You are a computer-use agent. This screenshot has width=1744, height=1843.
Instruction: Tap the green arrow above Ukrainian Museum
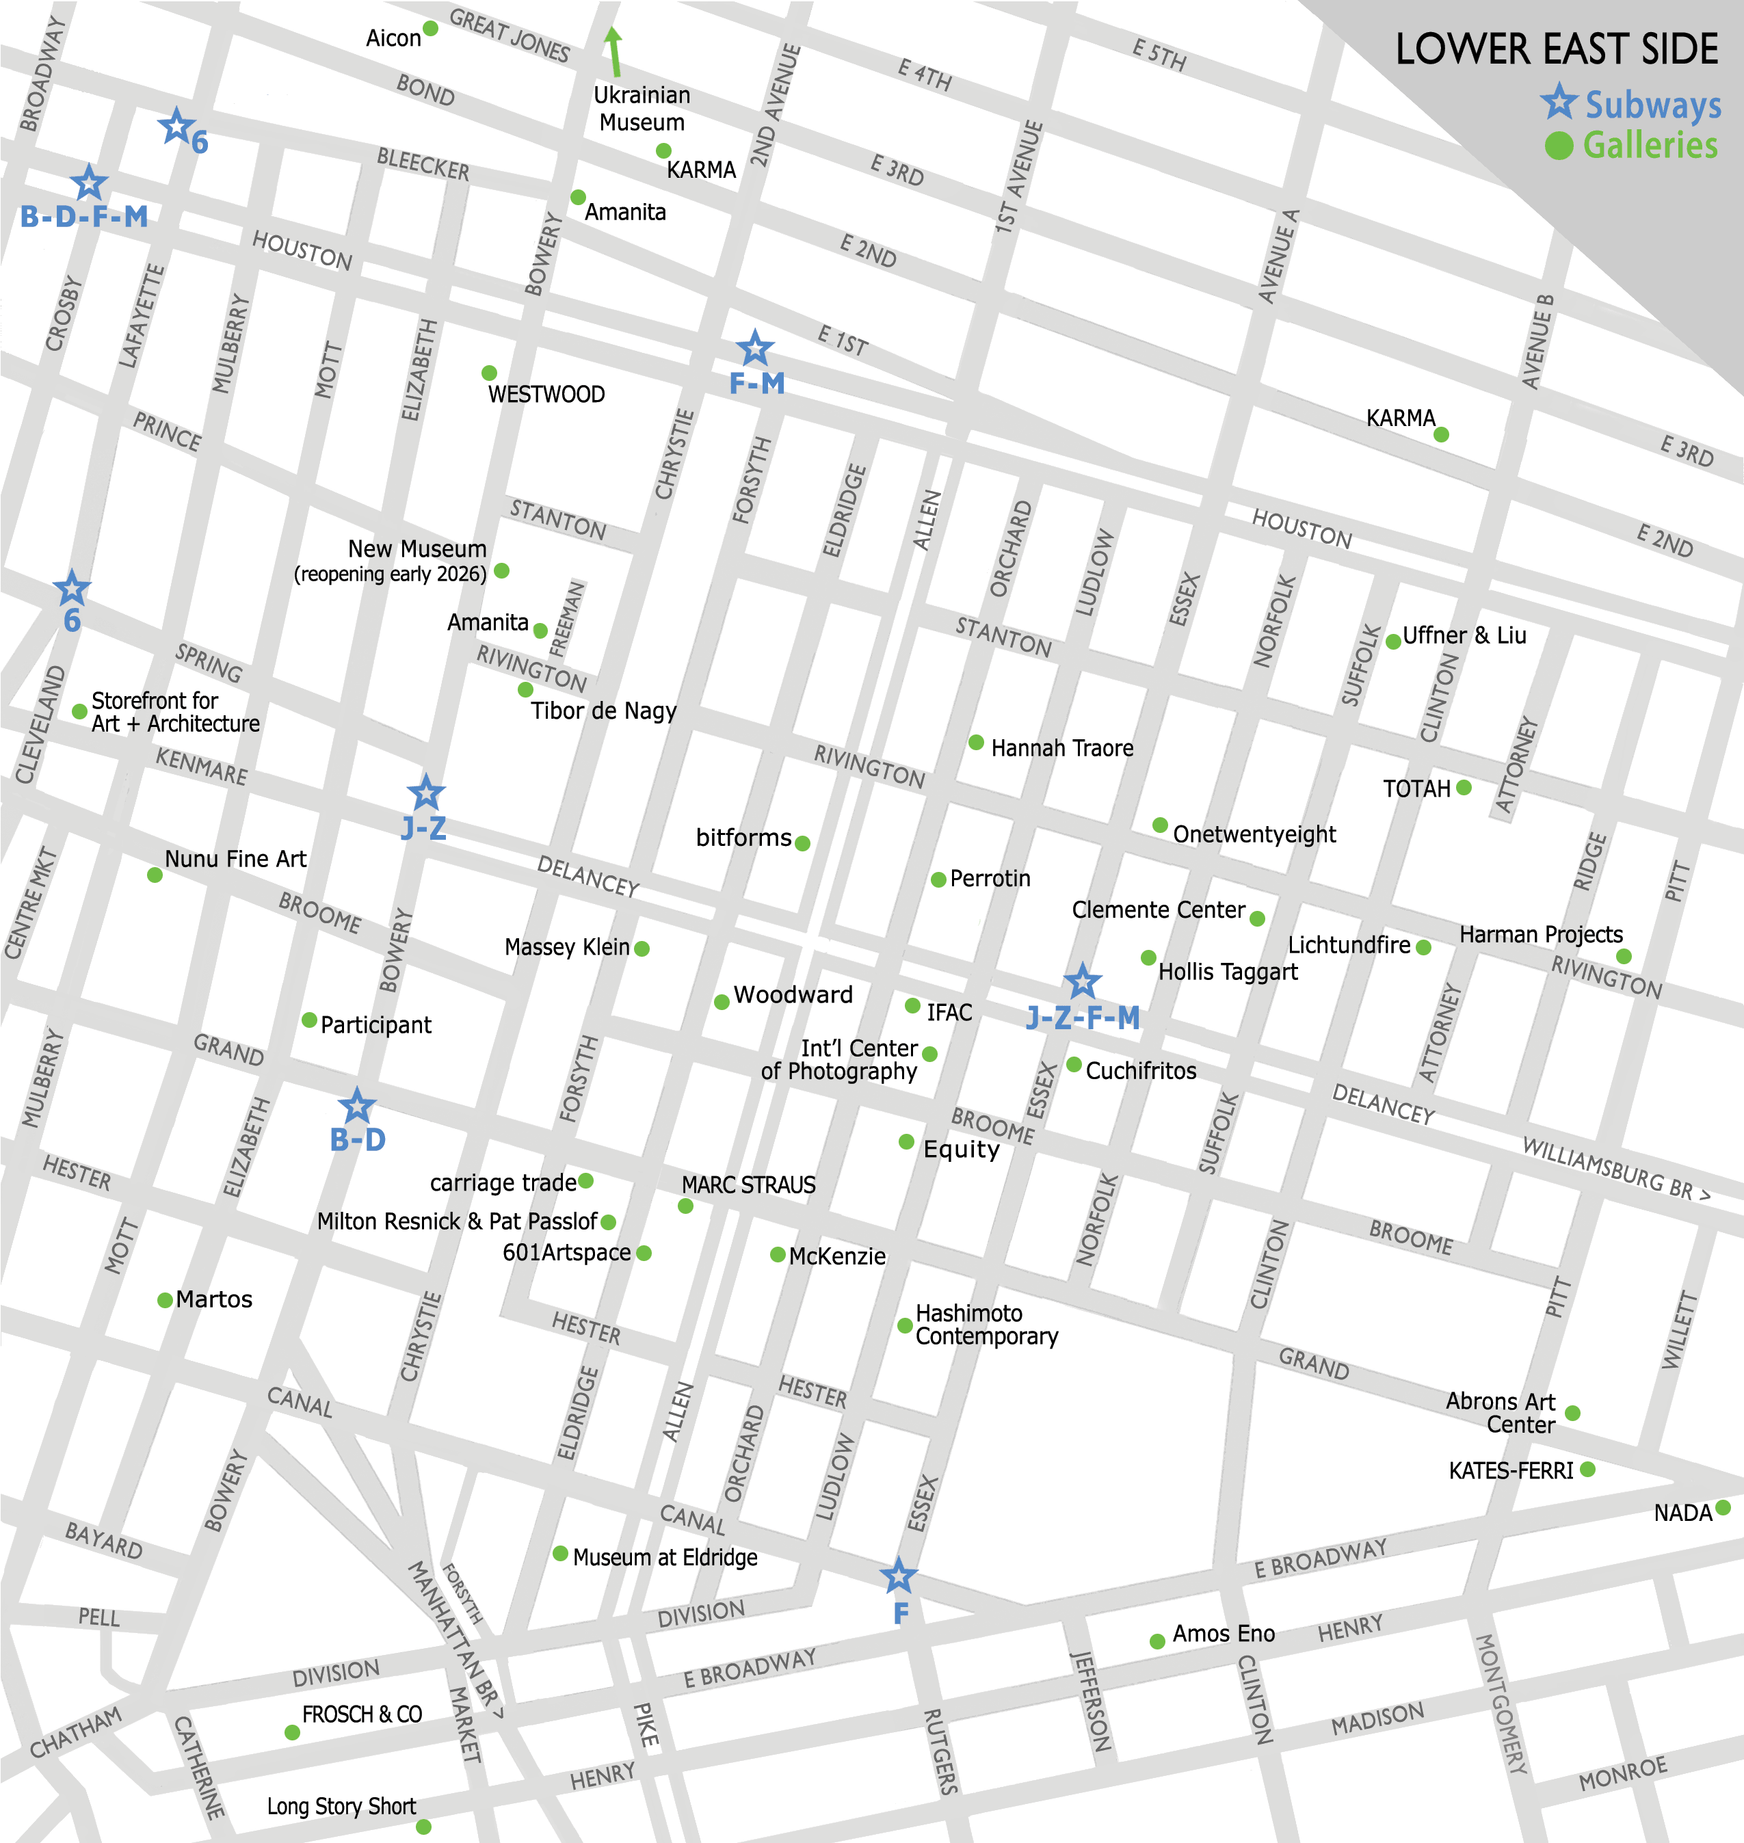tap(613, 51)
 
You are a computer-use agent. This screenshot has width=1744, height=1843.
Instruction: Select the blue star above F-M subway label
tap(755, 349)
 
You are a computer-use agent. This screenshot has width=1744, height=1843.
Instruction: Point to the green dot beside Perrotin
tap(938, 879)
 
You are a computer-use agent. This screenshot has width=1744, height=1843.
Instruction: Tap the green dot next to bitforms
tap(802, 843)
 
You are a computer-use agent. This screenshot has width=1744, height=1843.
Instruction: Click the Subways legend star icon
tap(1559, 101)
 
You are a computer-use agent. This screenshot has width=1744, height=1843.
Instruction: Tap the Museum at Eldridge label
tap(665, 1558)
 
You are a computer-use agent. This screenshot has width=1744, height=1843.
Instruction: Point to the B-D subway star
tap(356, 1107)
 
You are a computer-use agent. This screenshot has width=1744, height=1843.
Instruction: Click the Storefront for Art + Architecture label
tap(175, 712)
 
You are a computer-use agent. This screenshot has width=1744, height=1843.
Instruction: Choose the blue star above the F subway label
tap(898, 1576)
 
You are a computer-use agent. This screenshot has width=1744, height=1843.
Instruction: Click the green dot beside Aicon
tap(430, 29)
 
